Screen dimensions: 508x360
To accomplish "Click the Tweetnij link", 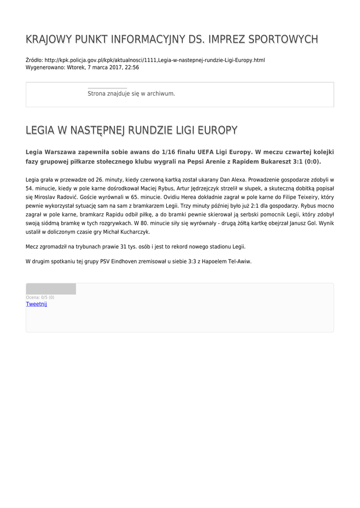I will point(36,304).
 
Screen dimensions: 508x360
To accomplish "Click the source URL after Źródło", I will point(154,60).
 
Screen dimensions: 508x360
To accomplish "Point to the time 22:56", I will point(132,67).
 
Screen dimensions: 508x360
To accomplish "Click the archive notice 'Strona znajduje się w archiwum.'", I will point(131,93).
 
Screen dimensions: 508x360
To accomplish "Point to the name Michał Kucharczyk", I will point(127,232).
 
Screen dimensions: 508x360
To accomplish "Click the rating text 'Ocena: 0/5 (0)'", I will point(40,298).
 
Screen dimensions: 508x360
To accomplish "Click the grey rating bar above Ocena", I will point(51,289).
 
